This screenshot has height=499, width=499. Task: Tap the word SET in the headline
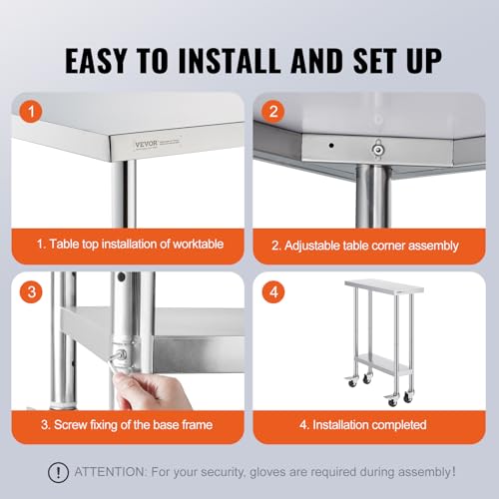tap(374, 60)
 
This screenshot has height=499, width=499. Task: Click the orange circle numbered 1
tap(31, 111)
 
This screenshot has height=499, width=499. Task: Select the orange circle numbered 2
tap(273, 111)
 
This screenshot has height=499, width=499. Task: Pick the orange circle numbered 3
tap(31, 291)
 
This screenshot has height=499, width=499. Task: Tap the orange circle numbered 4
tap(273, 291)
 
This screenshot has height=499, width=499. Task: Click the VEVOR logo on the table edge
tap(147, 144)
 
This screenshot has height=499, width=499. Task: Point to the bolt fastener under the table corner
tap(377, 149)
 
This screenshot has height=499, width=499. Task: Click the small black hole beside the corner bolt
tap(331, 146)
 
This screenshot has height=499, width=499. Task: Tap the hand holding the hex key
tap(152, 391)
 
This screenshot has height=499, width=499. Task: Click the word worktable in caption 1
tap(199, 244)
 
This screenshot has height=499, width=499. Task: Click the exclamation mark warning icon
tap(58, 472)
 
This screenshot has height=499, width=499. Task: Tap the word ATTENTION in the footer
tap(110, 472)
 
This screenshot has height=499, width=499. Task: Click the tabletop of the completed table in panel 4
tap(384, 286)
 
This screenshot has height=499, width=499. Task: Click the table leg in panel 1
tap(124, 194)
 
